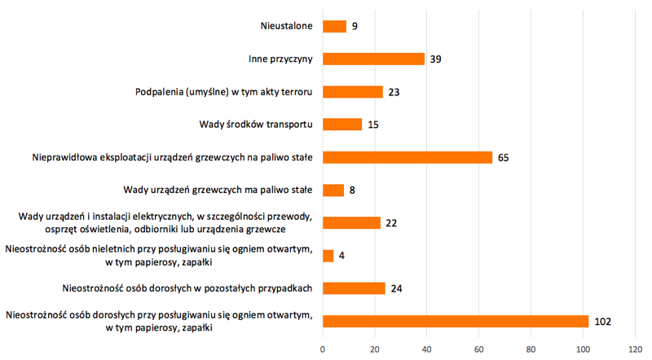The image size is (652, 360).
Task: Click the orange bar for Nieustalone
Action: coord(334,26)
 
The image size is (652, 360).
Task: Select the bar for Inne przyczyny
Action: coord(373,59)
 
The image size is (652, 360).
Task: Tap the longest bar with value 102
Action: coord(455,321)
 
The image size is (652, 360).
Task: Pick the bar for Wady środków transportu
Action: coord(341,124)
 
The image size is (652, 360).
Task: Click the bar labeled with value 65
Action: coord(407,157)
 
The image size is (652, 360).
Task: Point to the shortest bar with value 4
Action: coord(328,256)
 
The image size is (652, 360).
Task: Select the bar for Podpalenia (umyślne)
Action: coord(352,91)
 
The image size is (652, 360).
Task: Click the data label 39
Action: coord(436,59)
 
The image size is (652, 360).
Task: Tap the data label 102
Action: coord(602,321)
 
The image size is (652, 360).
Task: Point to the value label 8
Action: coord(352,190)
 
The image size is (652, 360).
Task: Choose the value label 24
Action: coord(397,288)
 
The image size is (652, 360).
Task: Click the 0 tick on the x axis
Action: coord(323,349)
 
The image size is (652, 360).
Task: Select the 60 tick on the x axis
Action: coord(479,349)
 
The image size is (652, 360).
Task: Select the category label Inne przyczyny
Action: coord(280,59)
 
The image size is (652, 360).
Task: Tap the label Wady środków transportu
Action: coord(256,124)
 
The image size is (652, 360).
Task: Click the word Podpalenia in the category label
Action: coord(162,91)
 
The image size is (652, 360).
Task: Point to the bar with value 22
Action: coord(351,223)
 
